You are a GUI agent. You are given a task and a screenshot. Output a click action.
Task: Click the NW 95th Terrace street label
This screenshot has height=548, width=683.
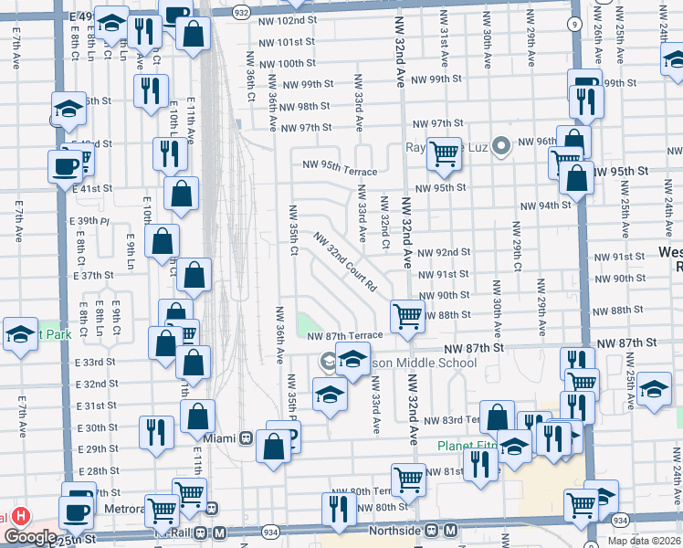click(340, 166)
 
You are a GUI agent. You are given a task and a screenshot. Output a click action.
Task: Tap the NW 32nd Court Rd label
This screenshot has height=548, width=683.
click(345, 261)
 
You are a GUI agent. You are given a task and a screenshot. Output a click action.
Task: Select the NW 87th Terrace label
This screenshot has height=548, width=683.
click(344, 336)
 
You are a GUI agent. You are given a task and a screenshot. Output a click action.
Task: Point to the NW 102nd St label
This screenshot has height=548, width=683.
click(287, 20)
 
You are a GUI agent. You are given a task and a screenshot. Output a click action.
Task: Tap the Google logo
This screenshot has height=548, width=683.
click(30, 538)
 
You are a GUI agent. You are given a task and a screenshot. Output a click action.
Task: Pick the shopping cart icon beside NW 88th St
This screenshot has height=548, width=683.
click(407, 317)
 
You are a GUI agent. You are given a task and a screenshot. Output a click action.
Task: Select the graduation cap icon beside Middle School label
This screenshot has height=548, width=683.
click(353, 360)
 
